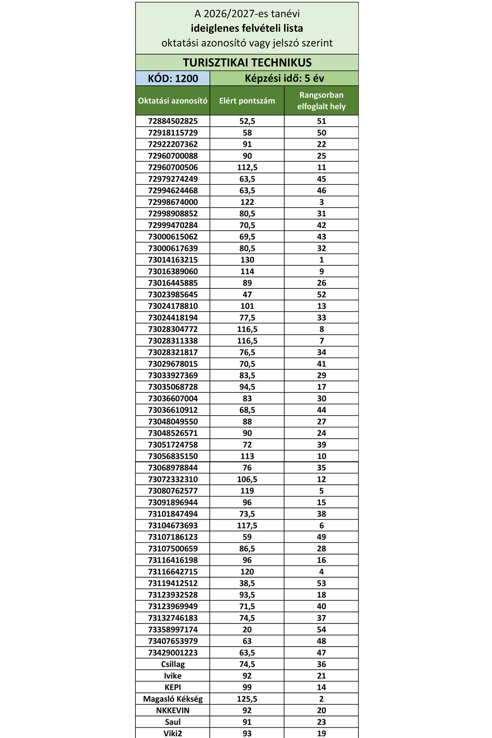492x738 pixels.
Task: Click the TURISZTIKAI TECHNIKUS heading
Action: pos(247,62)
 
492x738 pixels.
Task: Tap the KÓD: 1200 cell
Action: pos(173,78)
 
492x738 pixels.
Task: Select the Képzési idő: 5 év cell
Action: pos(284,78)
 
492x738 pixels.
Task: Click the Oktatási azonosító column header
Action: pos(173,101)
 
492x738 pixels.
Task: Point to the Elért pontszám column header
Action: pos(247,101)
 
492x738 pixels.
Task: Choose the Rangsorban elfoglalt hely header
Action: pos(321,101)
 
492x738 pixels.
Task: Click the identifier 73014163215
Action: pos(173,260)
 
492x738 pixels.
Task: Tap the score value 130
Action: pos(247,260)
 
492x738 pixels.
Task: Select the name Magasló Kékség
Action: pos(173,699)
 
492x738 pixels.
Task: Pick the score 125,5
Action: pos(247,699)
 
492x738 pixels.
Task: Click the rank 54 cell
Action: pos(321,630)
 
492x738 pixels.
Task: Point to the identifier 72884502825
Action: pos(173,121)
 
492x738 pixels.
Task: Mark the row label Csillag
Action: pos(173,664)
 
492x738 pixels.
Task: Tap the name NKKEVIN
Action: pos(173,710)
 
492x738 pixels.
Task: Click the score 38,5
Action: pos(247,583)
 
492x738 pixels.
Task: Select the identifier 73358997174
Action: pos(173,630)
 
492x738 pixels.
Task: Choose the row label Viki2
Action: pos(173,733)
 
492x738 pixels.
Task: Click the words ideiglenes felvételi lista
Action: pos(247,28)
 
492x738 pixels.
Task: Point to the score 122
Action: pos(247,202)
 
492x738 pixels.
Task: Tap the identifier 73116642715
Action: pos(173,572)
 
